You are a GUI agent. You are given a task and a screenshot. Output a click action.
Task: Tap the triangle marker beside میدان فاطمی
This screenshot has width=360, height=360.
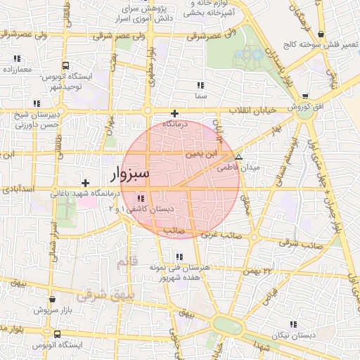(x=239, y=157)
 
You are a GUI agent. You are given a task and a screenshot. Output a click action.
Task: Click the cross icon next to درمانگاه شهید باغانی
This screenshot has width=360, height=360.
(x=86, y=183)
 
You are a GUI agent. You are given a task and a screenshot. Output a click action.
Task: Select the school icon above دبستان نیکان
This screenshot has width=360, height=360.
(x=292, y=324)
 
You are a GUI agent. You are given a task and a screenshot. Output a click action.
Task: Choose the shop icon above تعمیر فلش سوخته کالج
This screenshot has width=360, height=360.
(x=321, y=34)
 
